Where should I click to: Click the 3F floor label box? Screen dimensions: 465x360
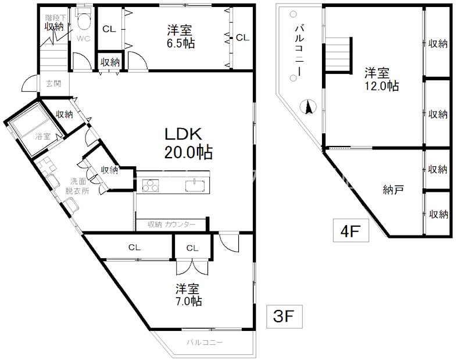(284, 316)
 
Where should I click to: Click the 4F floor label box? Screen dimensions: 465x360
(351, 231)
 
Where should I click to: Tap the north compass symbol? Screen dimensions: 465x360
(308, 107)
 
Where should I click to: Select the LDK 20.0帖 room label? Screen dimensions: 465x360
(188, 143)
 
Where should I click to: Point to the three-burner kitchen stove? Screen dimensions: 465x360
(150, 186)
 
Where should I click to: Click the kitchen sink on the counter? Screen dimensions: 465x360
(195, 186)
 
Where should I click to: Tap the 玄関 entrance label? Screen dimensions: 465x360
(53, 83)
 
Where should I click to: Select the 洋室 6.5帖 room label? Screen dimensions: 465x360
(180, 37)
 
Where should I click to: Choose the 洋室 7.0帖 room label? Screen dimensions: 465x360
(188, 295)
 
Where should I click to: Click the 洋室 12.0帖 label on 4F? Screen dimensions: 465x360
(381, 79)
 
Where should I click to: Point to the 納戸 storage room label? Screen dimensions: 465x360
(393, 190)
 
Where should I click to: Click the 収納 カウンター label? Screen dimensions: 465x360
(171, 224)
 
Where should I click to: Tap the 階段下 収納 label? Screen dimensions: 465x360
(55, 23)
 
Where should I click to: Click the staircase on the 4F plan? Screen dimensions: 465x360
(338, 55)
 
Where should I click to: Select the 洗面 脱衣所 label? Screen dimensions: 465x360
(77, 186)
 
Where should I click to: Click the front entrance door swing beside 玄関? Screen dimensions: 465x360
(30, 83)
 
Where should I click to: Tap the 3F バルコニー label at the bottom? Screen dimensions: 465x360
(205, 343)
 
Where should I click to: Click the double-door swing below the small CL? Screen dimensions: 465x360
(192, 268)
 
